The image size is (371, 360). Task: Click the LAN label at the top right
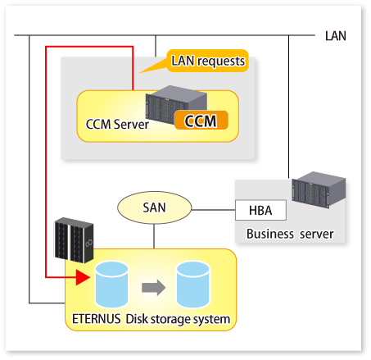[336, 36]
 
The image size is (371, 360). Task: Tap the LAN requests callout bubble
[207, 61]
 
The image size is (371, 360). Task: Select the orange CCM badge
[201, 120]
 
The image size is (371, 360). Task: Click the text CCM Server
[117, 124]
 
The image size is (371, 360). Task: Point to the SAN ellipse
[155, 207]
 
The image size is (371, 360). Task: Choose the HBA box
[260, 210]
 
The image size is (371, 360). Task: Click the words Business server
[290, 234]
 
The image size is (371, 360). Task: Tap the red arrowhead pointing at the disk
[83, 277]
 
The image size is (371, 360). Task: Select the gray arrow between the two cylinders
[154, 287]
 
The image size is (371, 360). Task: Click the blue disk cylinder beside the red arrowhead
[111, 285]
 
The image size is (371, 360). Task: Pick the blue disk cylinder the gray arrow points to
[193, 285]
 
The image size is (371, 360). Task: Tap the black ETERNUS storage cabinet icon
[74, 240]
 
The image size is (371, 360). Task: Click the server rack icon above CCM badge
[176, 104]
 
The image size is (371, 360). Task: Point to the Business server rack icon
[319, 189]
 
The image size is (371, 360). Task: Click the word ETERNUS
[96, 319]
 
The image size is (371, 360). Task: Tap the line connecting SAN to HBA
[214, 210]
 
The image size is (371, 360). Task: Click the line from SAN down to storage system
[154, 236]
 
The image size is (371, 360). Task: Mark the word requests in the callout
[221, 62]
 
